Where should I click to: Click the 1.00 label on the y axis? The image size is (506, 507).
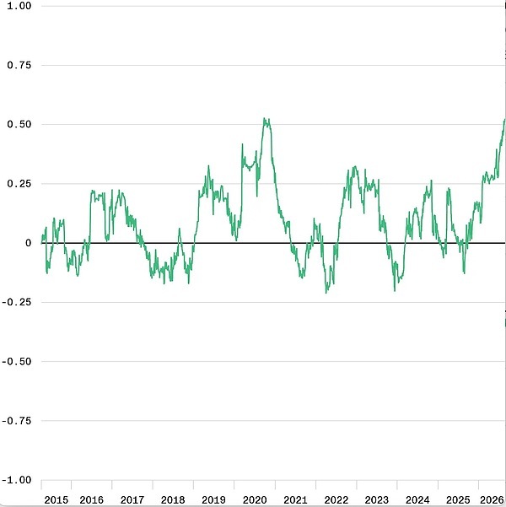point(19,6)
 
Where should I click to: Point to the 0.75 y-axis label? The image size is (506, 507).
point(19,65)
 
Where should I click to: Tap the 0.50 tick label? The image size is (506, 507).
point(19,124)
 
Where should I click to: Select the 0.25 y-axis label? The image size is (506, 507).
point(19,183)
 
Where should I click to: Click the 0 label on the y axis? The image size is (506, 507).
point(29,243)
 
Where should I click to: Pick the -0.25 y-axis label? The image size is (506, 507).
point(17,302)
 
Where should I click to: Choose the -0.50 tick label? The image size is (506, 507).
point(17,361)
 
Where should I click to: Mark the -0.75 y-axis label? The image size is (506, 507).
point(17,421)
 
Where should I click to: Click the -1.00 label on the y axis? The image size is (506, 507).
point(17,480)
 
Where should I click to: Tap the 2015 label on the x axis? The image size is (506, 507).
point(57,500)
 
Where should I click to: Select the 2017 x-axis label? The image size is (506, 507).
point(132,500)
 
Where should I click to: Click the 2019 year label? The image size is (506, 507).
point(213,500)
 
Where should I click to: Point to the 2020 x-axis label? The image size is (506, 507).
point(255,500)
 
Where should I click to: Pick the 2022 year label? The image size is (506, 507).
point(336,500)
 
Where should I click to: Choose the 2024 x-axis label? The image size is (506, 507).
point(417,500)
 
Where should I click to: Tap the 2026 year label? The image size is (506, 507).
point(493,500)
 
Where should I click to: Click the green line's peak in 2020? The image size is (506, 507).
point(264,118)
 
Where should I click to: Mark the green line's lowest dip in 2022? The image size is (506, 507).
point(326,293)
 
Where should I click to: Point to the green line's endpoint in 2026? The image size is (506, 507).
point(504,119)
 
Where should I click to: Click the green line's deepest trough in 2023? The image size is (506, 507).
point(395,291)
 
